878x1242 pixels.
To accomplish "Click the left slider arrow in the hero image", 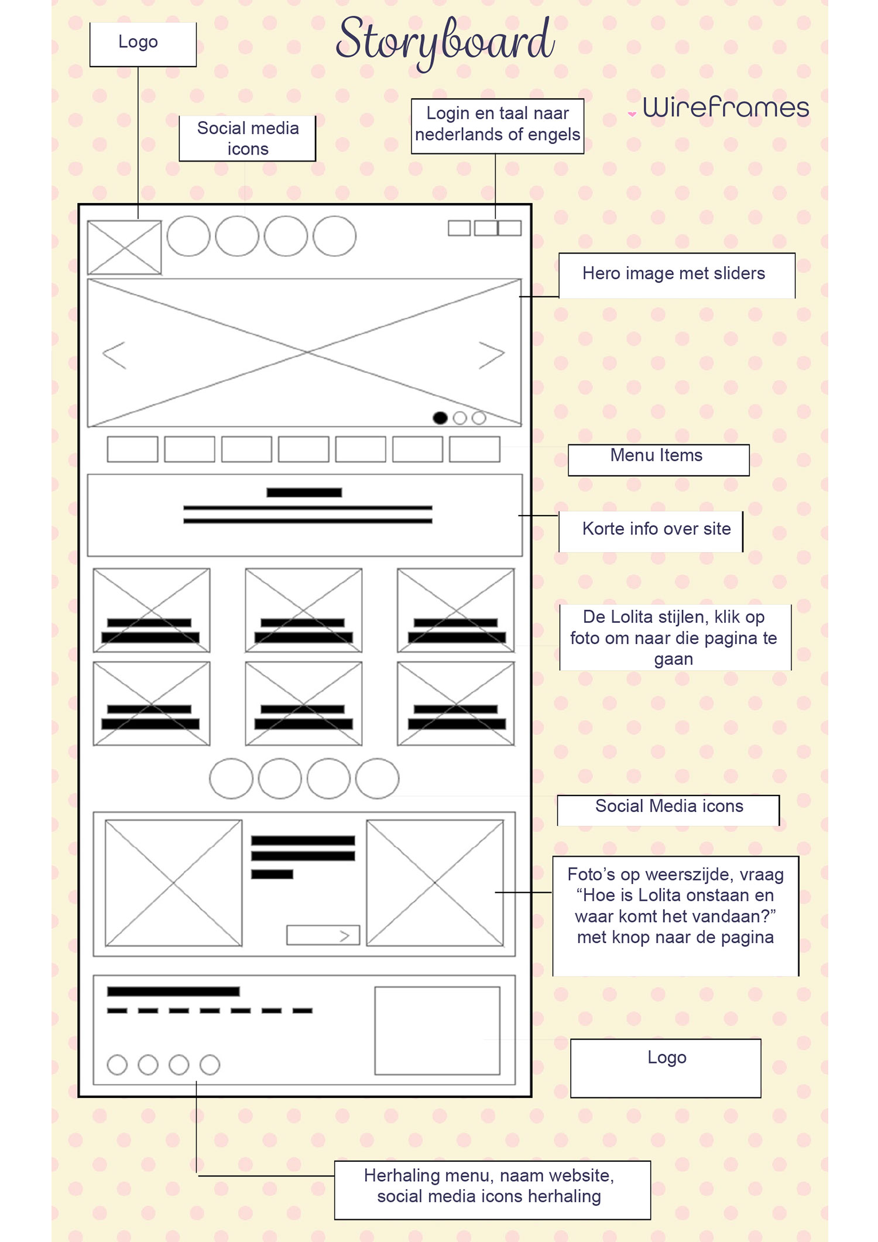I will coord(115,355).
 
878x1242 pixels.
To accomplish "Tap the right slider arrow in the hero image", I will coord(491,355).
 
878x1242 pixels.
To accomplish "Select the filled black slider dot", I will coord(440,418).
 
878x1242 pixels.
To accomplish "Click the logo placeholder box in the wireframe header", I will coord(124,247).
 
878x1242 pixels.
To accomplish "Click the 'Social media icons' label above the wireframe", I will coord(248,138).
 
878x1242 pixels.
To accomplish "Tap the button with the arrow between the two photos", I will coord(323,935).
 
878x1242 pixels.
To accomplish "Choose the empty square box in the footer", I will coord(437,1030).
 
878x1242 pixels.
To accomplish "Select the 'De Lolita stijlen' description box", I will coord(674,637).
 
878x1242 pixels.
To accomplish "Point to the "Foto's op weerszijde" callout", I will coord(675,906).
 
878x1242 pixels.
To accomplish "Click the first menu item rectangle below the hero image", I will coord(132,449).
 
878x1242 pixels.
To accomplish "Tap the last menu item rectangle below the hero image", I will coord(474,449).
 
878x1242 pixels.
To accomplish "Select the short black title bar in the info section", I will coord(304,493).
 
